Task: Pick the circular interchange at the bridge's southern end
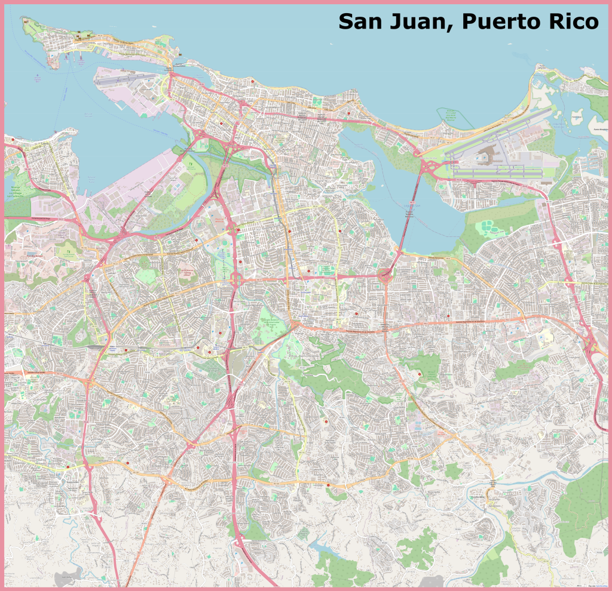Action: [386, 276]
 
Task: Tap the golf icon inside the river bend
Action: [191, 162]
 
